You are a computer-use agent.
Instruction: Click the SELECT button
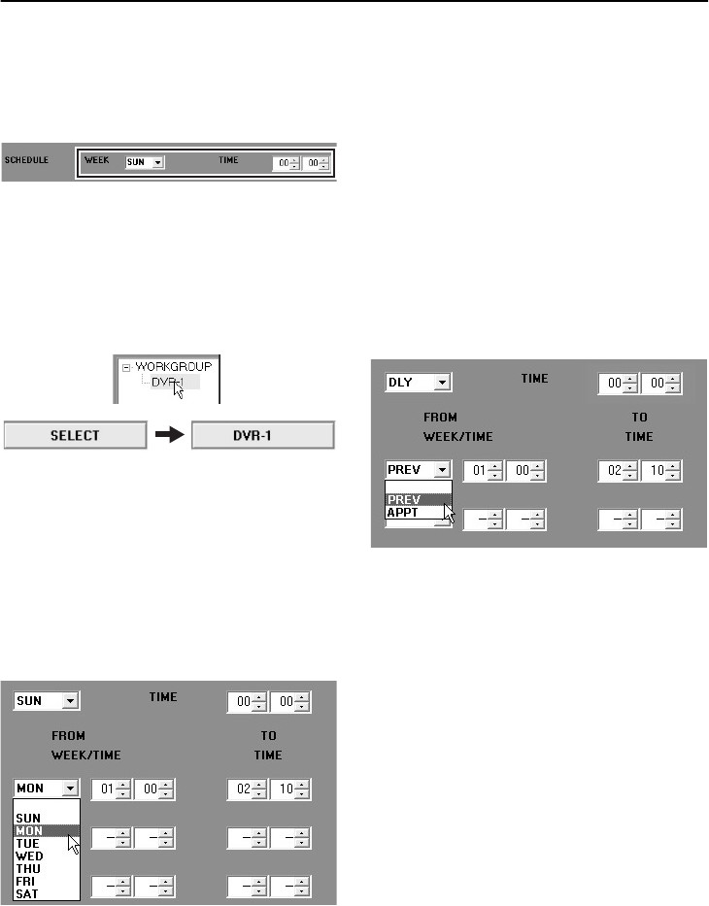pyautogui.click(x=76, y=435)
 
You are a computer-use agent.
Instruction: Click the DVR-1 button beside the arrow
pyautogui.click(x=262, y=435)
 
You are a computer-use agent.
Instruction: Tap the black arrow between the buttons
pyautogui.click(x=169, y=435)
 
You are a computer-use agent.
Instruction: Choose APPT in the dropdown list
pyautogui.click(x=405, y=512)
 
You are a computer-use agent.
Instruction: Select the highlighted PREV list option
pyautogui.click(x=405, y=498)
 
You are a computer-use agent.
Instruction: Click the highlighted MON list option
pyautogui.click(x=32, y=831)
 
